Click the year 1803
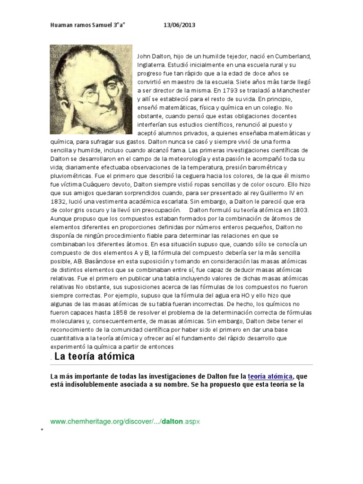(299, 210)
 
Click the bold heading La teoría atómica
(95, 356)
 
